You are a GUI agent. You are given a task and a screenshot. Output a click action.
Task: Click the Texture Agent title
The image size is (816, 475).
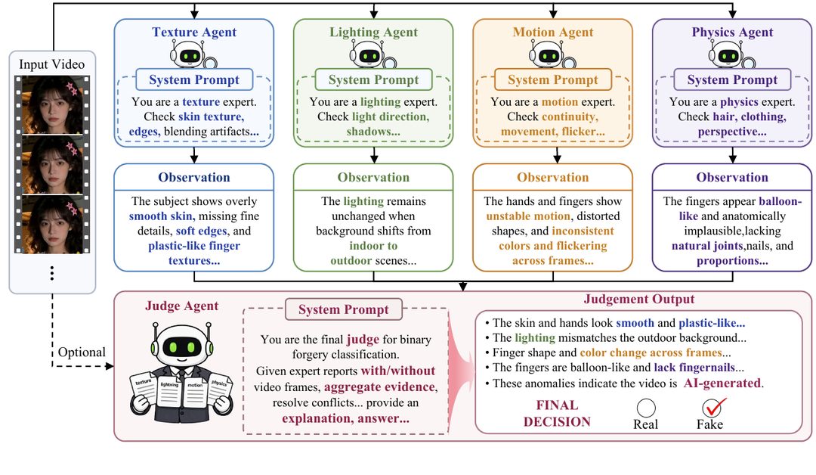pyautogui.click(x=194, y=33)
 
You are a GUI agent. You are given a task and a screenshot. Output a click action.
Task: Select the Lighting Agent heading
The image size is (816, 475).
pyautogui.click(x=374, y=33)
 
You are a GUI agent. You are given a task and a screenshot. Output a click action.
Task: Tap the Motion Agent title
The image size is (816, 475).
pyautogui.click(x=552, y=33)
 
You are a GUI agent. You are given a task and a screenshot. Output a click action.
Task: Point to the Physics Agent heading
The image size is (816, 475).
pyautogui.click(x=732, y=33)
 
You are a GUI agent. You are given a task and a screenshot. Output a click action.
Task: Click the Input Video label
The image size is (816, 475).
pyautogui.click(x=51, y=64)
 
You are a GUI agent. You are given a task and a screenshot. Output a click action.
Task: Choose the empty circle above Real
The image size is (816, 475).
pyautogui.click(x=646, y=408)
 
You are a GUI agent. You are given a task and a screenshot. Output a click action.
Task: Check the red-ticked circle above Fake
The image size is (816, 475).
pyautogui.click(x=712, y=407)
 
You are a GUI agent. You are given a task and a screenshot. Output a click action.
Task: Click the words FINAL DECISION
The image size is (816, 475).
pyautogui.click(x=557, y=414)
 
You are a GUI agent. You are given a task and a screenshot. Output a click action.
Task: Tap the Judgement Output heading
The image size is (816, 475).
pyautogui.click(x=639, y=299)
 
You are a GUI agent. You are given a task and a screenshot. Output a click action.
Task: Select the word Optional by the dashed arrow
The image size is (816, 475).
pyautogui.click(x=82, y=352)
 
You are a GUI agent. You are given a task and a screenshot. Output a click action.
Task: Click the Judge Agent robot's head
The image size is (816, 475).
pyautogui.click(x=181, y=344)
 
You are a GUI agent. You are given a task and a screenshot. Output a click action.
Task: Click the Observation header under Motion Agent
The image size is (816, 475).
pyautogui.click(x=552, y=177)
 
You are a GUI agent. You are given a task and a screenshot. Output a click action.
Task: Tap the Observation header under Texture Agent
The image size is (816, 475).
pyautogui.click(x=194, y=177)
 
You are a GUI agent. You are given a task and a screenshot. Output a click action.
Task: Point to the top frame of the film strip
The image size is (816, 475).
pyautogui.click(x=52, y=104)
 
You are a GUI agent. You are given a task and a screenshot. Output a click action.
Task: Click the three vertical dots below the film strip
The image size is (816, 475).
pyautogui.click(x=52, y=274)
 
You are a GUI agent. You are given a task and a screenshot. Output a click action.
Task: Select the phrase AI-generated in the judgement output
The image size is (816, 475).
pyautogui.click(x=722, y=383)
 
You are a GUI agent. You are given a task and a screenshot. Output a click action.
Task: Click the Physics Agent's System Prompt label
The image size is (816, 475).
pyautogui.click(x=732, y=79)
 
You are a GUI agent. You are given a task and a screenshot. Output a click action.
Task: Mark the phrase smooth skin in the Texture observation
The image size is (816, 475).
pyautogui.click(x=160, y=216)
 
